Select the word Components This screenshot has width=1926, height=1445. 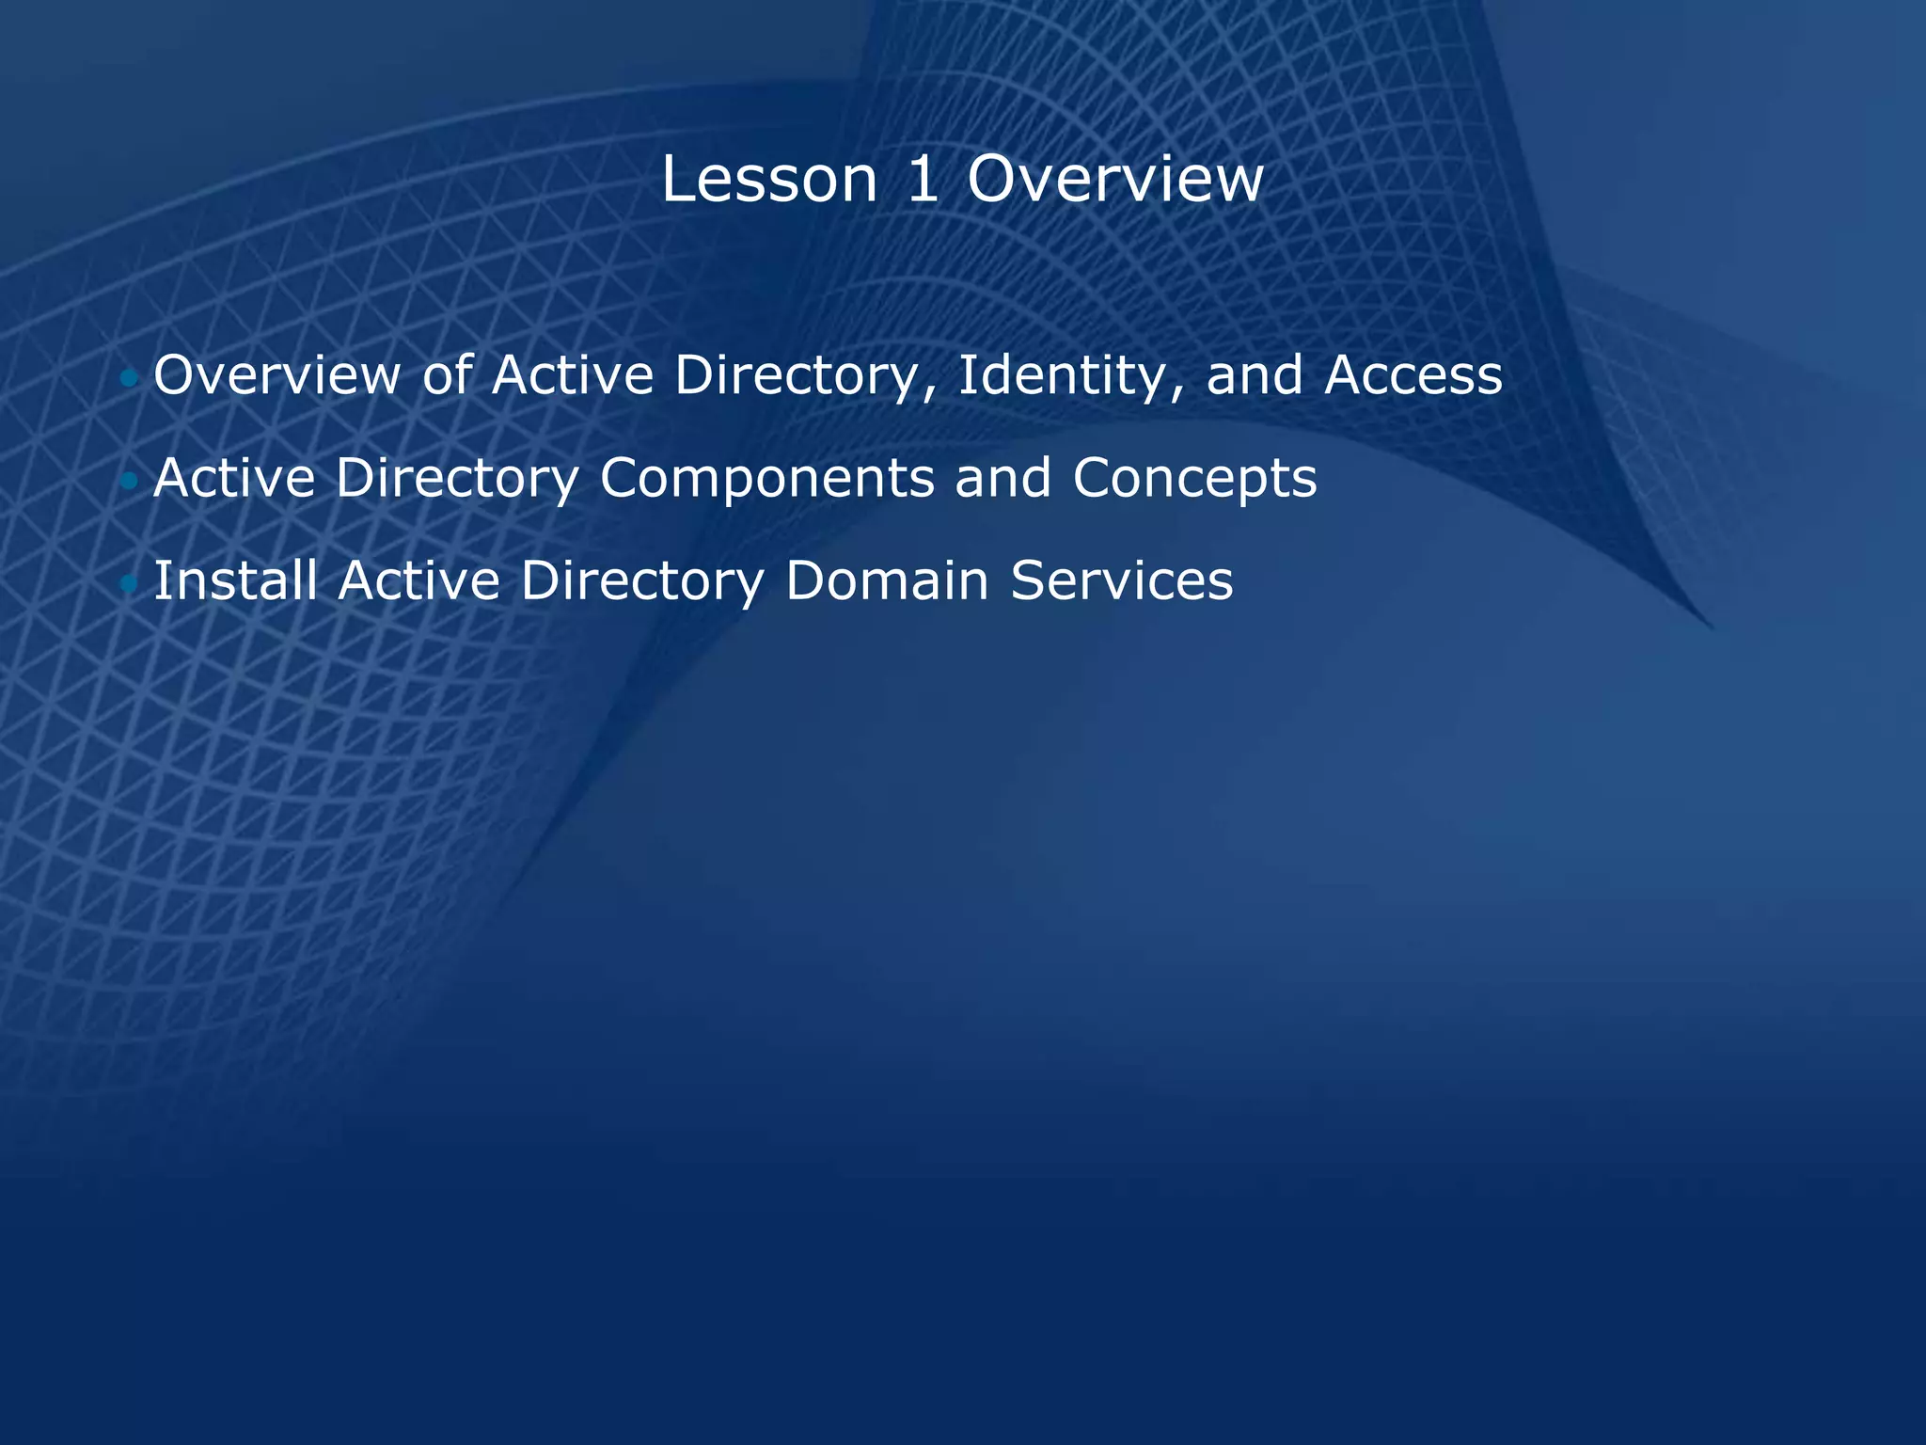[x=766, y=479]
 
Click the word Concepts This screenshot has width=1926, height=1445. [x=1194, y=479]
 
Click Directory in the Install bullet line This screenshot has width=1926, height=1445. [x=642, y=581]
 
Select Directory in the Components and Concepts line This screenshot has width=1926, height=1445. [x=457, y=479]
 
